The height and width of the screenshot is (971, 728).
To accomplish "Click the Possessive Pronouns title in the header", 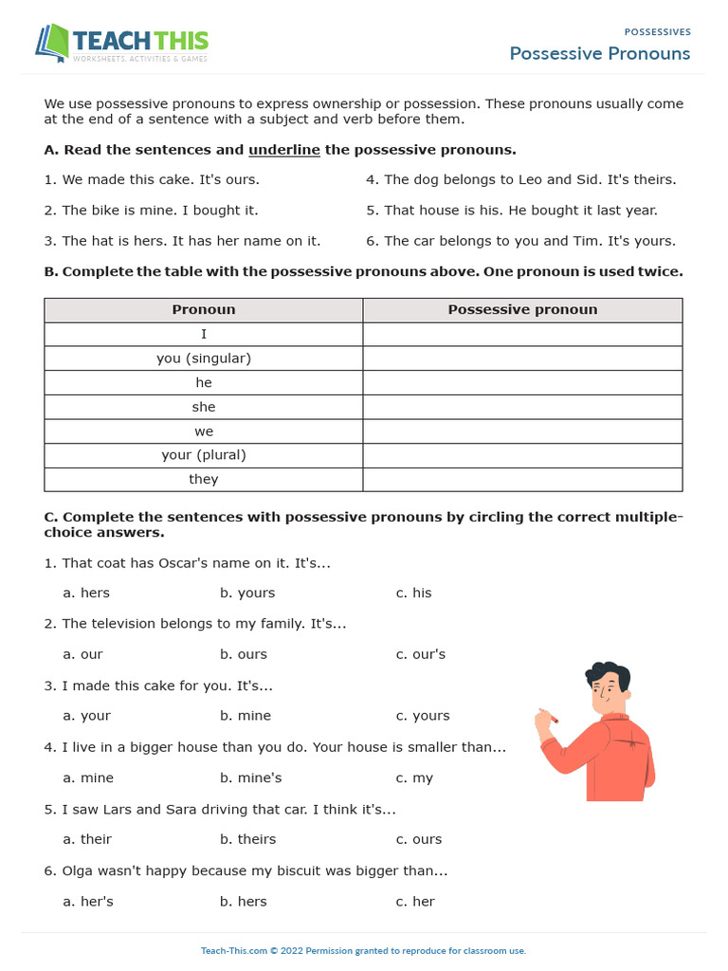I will [599, 53].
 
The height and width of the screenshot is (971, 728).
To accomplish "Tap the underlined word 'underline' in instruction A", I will [284, 150].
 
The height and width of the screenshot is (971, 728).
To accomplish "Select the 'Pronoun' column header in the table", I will [204, 310].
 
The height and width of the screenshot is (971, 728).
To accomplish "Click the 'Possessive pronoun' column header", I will [522, 310].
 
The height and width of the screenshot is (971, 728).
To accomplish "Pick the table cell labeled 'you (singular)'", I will [204, 358].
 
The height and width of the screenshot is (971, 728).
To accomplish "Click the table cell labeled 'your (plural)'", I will [204, 455].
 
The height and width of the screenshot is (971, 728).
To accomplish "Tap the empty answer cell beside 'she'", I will [522, 407].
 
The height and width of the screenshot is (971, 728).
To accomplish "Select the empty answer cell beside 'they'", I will [522, 479].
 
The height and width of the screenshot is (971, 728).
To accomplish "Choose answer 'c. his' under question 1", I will [414, 593].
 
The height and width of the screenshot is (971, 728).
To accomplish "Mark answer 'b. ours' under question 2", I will [244, 654].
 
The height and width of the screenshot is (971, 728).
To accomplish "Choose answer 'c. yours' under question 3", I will [423, 716].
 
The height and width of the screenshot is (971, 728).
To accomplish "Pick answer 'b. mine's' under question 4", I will [250, 778].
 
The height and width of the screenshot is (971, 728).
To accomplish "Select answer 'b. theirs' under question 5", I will [248, 839].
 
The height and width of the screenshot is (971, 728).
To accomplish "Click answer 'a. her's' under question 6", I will [88, 902].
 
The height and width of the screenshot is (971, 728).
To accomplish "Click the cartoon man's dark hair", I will [607, 672].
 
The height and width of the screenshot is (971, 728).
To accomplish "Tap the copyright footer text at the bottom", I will [363, 951].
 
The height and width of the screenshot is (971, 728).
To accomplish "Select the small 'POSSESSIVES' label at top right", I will [657, 32].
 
